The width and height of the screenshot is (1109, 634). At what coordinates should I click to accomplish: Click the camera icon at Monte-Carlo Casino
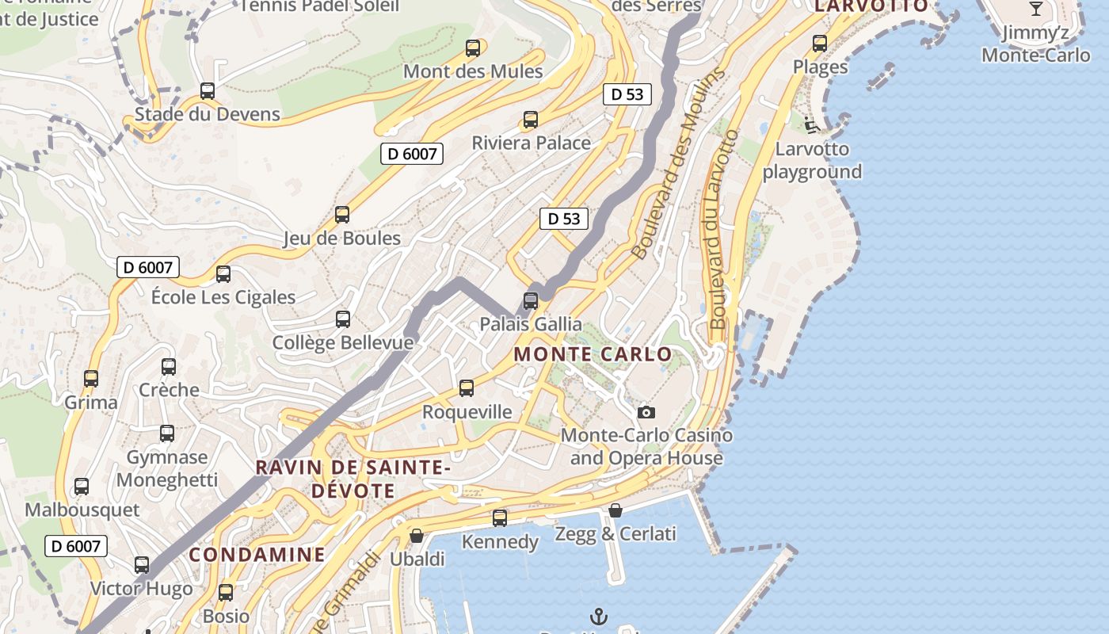646,412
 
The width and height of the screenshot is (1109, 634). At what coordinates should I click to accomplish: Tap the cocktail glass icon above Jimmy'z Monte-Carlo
1035,9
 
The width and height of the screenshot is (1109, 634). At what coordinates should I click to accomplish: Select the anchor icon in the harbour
600,616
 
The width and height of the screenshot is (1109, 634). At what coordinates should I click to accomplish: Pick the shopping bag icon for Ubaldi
417,537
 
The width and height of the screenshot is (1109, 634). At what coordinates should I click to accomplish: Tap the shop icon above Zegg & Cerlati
615,510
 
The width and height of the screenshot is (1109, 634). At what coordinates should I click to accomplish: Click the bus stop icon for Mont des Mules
473,48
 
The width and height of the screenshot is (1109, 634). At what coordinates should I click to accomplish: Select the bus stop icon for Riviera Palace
531,120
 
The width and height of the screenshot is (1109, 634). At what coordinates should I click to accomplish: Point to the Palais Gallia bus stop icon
531,301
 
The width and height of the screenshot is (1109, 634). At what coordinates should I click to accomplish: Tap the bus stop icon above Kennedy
500,518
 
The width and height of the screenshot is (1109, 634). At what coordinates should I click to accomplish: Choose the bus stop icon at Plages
820,44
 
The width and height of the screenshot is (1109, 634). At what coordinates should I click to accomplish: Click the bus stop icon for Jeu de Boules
342,215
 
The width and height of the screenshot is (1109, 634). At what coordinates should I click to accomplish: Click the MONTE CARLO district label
593,354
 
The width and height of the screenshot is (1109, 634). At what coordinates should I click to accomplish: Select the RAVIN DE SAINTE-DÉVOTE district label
353,479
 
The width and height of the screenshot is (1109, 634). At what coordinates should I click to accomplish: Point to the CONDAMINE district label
257,554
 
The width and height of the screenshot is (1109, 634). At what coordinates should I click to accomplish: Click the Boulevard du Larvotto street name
719,230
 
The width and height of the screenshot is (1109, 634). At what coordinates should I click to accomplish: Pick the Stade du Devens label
208,114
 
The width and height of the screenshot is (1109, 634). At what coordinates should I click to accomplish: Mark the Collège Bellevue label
343,342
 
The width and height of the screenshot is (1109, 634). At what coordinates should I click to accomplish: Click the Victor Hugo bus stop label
141,589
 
